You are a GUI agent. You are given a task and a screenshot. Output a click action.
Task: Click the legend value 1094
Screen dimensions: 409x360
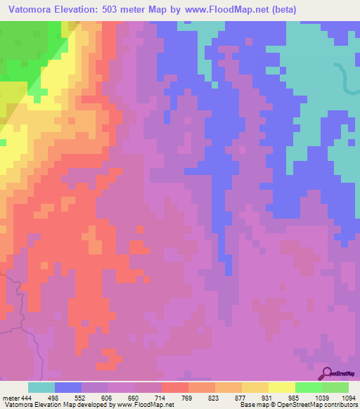tap(347, 397)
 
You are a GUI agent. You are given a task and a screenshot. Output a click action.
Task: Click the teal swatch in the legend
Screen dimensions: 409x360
tap(41, 387)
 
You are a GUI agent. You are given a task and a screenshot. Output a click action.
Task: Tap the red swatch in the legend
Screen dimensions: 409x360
tap(175, 387)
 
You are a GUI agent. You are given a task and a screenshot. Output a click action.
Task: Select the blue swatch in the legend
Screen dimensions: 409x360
tap(68, 387)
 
